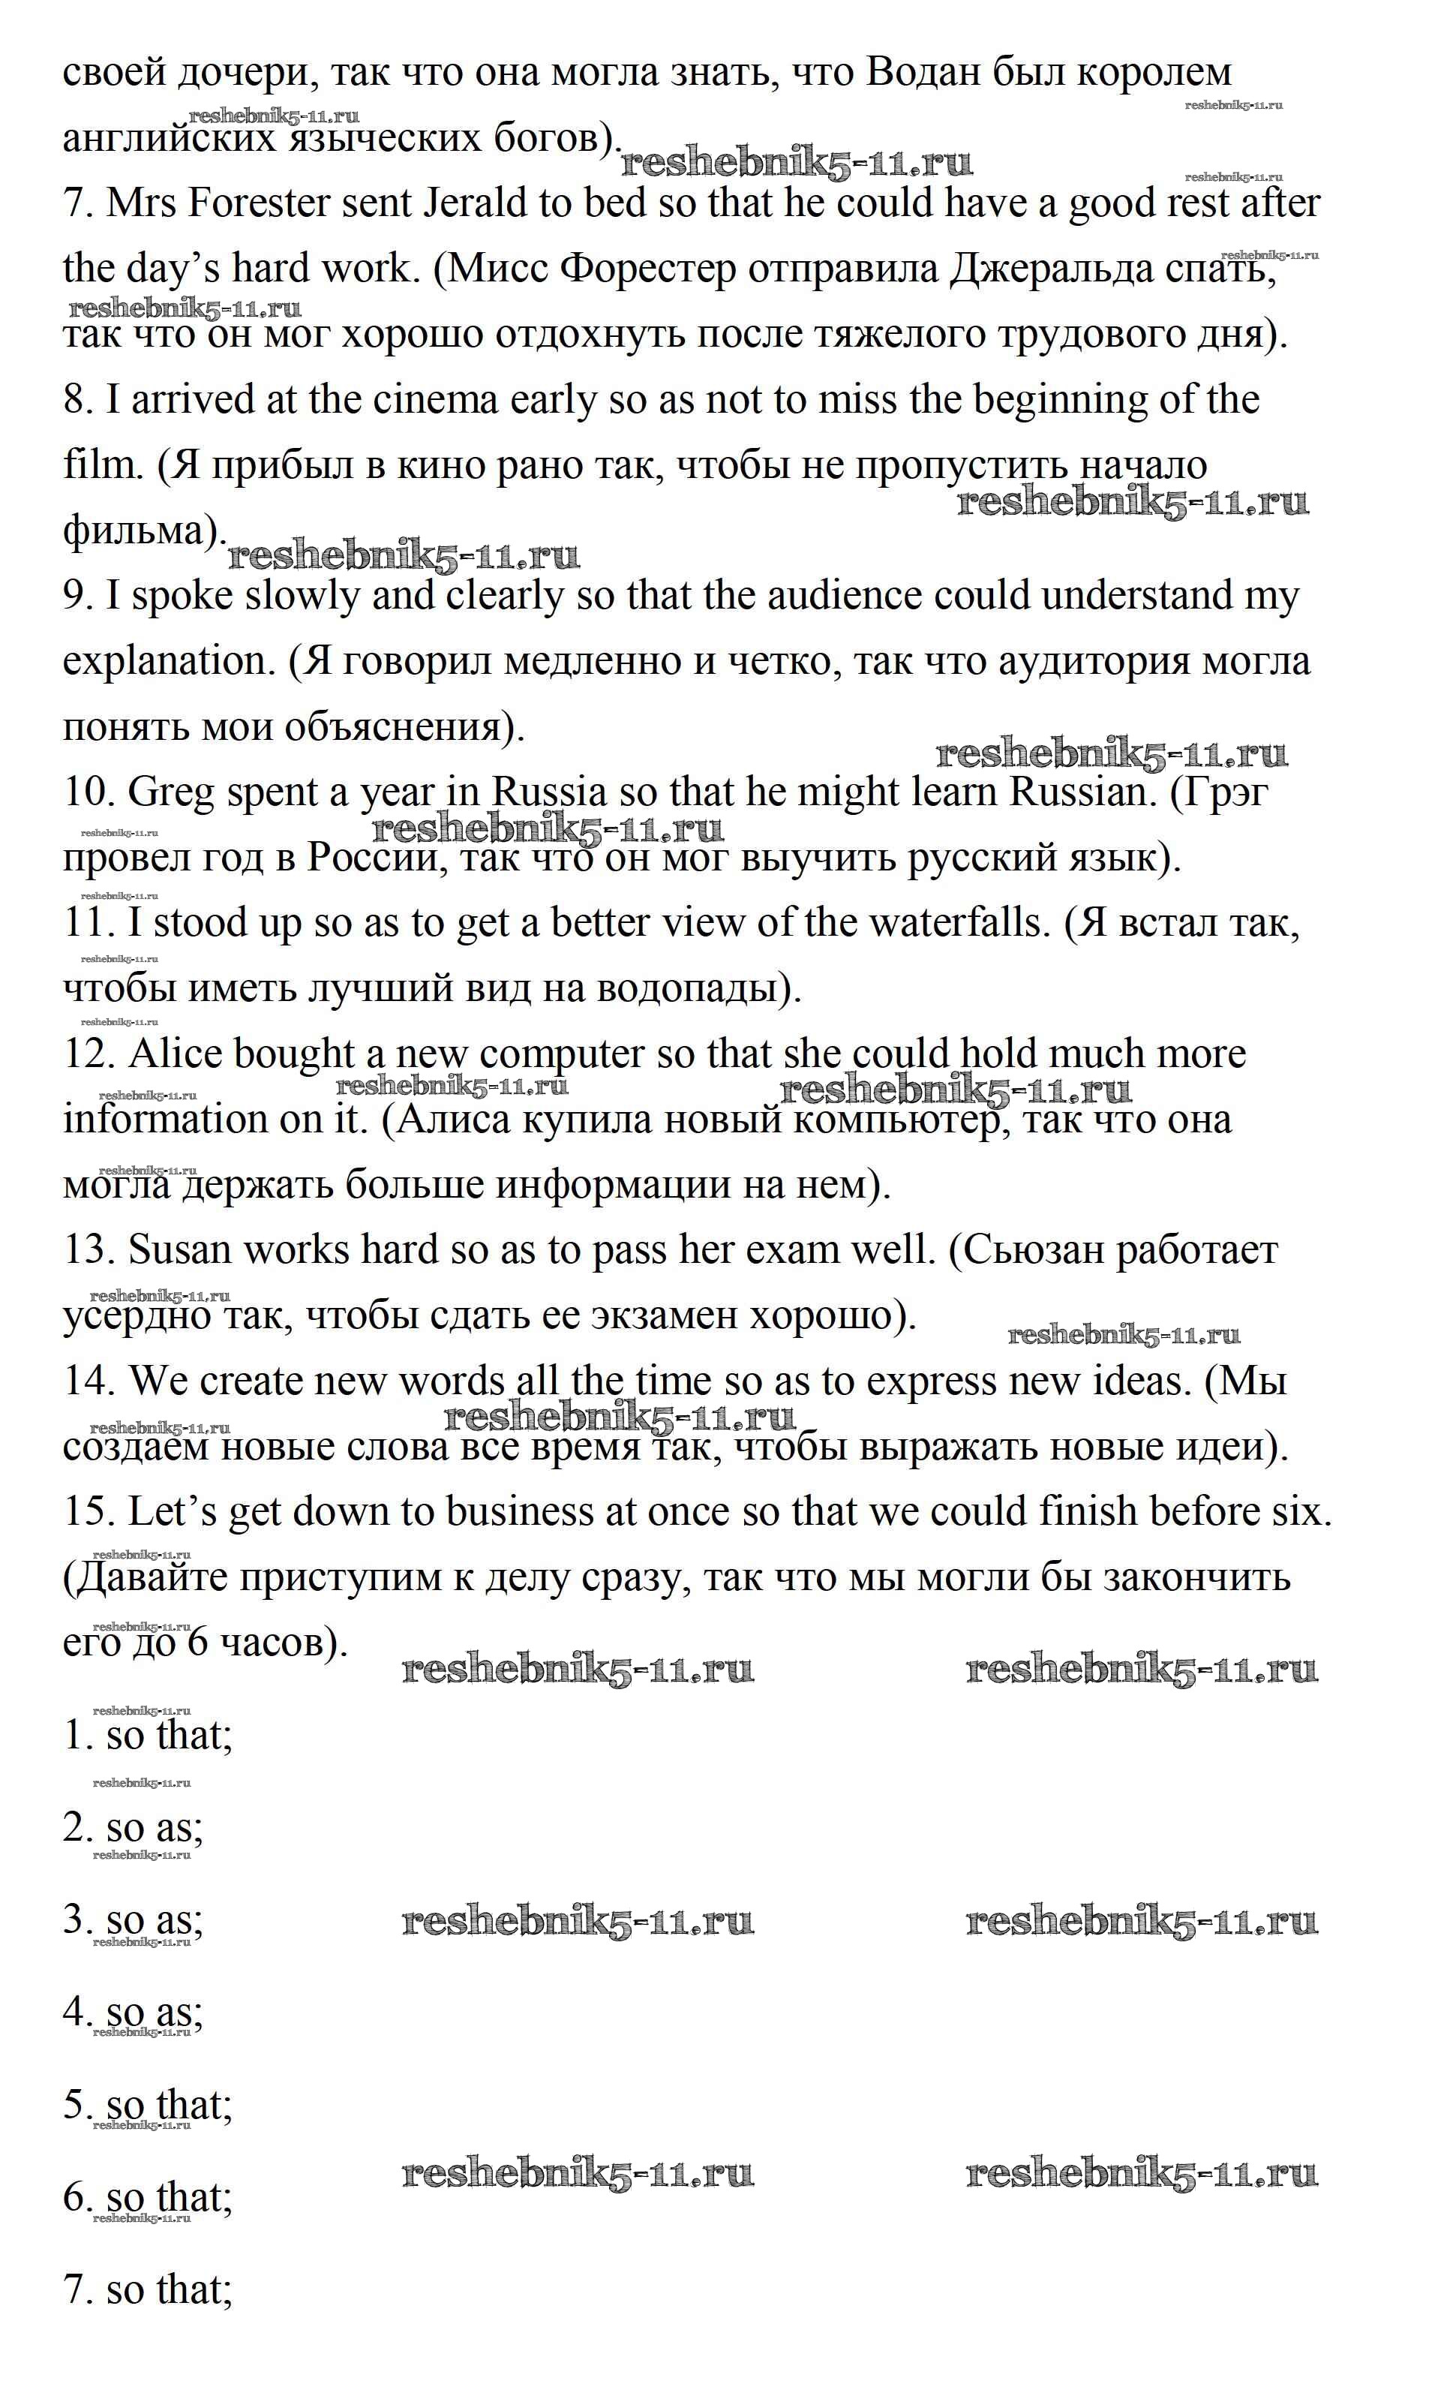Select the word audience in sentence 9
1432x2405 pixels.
(845, 597)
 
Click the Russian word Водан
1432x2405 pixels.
(926, 72)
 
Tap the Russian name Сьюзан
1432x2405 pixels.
(1032, 1251)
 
